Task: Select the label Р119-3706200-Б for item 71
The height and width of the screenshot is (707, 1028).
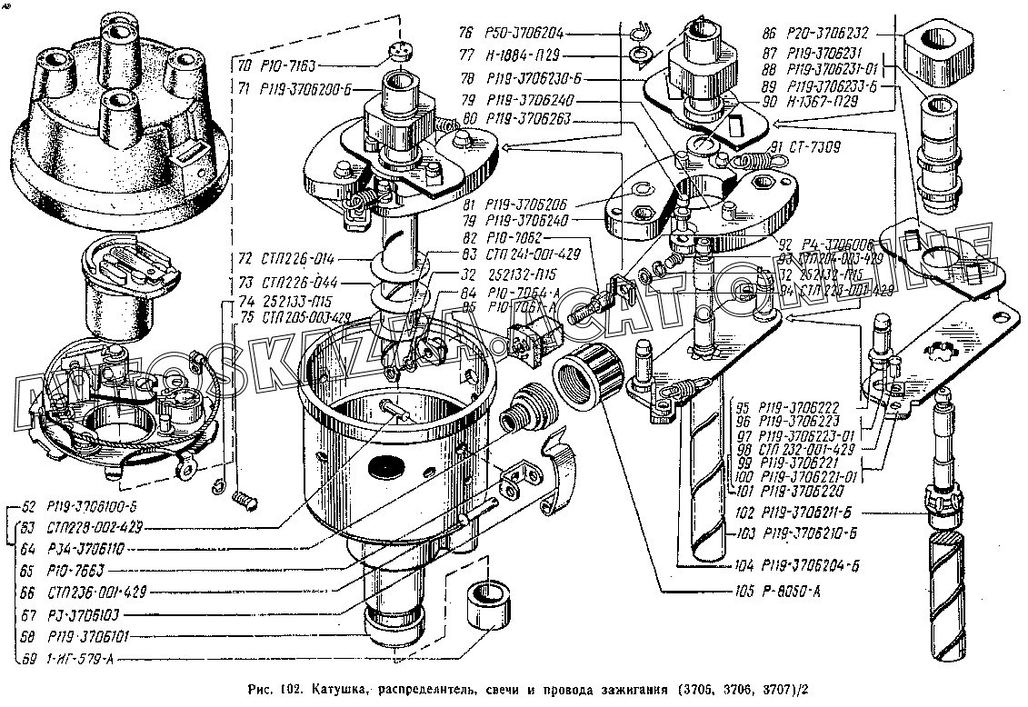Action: (x=305, y=88)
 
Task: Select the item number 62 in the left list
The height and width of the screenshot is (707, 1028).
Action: (x=28, y=506)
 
